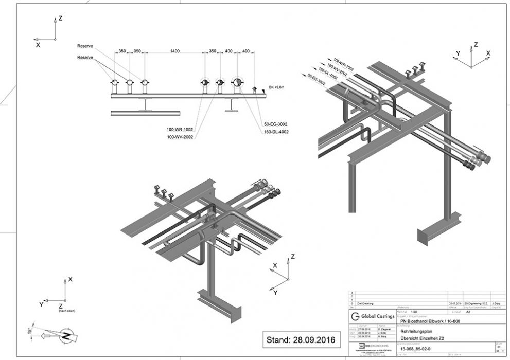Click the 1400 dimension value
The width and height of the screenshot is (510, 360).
coord(175,51)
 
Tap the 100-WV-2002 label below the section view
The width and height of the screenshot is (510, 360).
coord(180,137)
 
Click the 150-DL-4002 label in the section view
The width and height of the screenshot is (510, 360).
coord(276,132)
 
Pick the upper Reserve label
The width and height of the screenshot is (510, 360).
coord(85,46)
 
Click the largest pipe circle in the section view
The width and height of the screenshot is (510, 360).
coord(237,82)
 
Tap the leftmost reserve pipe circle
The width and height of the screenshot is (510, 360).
coord(114,82)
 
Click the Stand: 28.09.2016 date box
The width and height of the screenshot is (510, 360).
coord(301,340)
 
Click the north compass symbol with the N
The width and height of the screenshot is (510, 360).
coord(65,337)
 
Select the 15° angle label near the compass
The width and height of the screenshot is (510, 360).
coord(29,330)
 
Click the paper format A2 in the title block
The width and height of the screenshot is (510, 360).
coord(468,311)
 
